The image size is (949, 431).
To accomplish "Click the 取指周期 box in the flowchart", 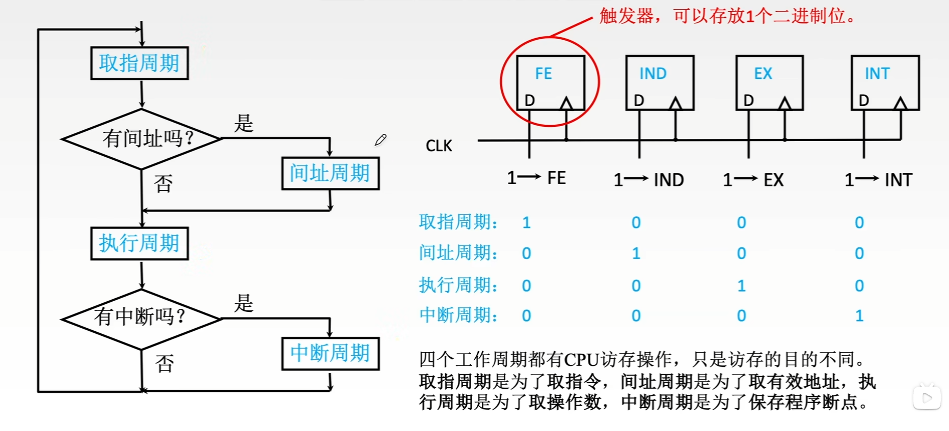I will [139, 63].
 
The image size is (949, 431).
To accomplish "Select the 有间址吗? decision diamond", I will [142, 138].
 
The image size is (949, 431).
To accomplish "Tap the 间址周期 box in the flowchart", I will [330, 174].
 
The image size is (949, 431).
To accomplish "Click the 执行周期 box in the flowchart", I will [139, 243].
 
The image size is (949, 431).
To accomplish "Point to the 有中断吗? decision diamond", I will [141, 319].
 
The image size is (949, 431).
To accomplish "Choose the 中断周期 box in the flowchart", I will [330, 353].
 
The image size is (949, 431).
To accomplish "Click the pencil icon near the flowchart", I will [381, 140].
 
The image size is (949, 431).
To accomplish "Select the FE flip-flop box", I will [550, 82].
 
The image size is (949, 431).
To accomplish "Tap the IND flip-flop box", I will [659, 82].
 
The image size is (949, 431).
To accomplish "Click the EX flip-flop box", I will [769, 82].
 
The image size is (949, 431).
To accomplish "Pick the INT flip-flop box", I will [885, 82].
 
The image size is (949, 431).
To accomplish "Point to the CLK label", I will [439, 146].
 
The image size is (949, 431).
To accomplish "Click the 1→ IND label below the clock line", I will [648, 180].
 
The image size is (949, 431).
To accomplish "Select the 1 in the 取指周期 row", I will [526, 222].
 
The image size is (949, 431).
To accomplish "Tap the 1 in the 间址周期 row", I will [636, 253].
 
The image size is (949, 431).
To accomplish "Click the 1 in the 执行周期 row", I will [741, 285].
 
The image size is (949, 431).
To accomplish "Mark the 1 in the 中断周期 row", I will [859, 316].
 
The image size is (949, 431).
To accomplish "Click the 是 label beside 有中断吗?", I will [243, 304].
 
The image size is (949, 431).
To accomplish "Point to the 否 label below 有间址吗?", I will [164, 184].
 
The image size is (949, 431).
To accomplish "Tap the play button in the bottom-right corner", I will [927, 398].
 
